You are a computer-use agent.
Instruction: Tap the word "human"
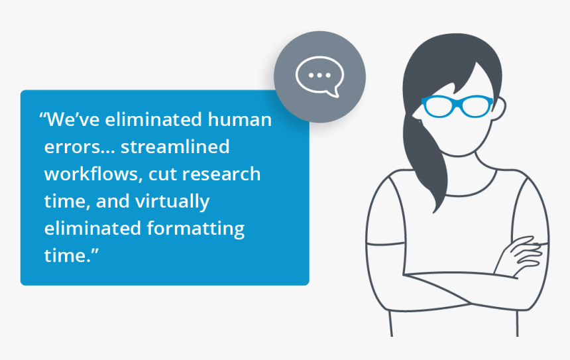(239, 119)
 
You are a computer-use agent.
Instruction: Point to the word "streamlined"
(175, 147)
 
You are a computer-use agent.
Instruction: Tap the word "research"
(221, 174)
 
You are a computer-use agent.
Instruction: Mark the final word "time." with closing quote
(72, 255)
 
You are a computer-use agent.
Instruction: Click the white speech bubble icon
(319, 77)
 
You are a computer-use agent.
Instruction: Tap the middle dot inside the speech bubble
(319, 76)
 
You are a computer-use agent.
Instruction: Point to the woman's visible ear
(500, 108)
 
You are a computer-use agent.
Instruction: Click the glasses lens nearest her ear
(476, 106)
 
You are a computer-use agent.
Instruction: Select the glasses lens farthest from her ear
(438, 106)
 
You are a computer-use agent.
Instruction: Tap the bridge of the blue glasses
(458, 103)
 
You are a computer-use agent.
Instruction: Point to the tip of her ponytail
(434, 211)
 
